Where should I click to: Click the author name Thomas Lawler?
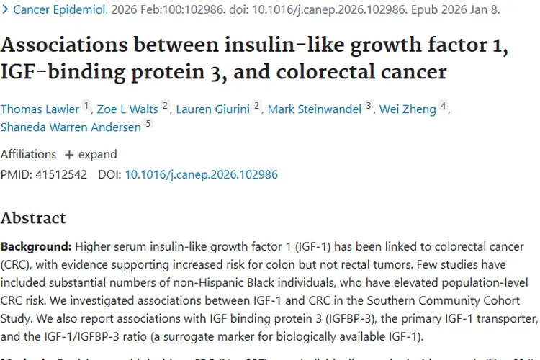[40, 109]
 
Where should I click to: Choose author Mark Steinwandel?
[315, 109]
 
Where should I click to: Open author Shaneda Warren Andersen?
[71, 127]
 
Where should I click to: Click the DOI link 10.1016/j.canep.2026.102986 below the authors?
[201, 174]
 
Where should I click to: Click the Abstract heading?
[33, 218]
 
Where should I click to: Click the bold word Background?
[35, 246]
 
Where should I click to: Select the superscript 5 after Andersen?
[148, 124]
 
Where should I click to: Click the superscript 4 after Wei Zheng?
[444, 107]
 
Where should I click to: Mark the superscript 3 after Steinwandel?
[369, 107]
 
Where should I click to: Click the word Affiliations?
[28, 154]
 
